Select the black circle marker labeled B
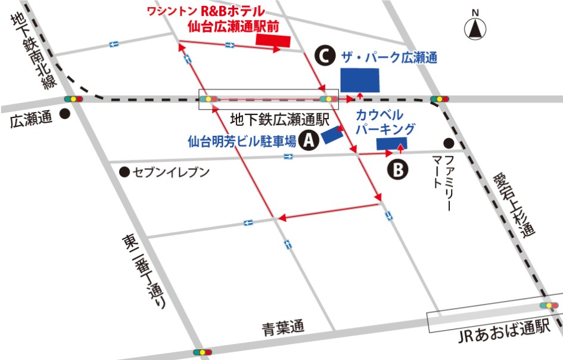click(399, 170)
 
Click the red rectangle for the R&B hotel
click(273, 40)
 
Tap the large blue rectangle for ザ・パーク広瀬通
click(360, 80)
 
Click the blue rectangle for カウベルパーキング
click(391, 142)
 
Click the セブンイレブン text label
click(171, 172)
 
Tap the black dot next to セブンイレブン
click(124, 172)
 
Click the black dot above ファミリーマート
click(449, 142)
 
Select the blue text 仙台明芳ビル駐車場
click(242, 141)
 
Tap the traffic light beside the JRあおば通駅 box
click(549, 305)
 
